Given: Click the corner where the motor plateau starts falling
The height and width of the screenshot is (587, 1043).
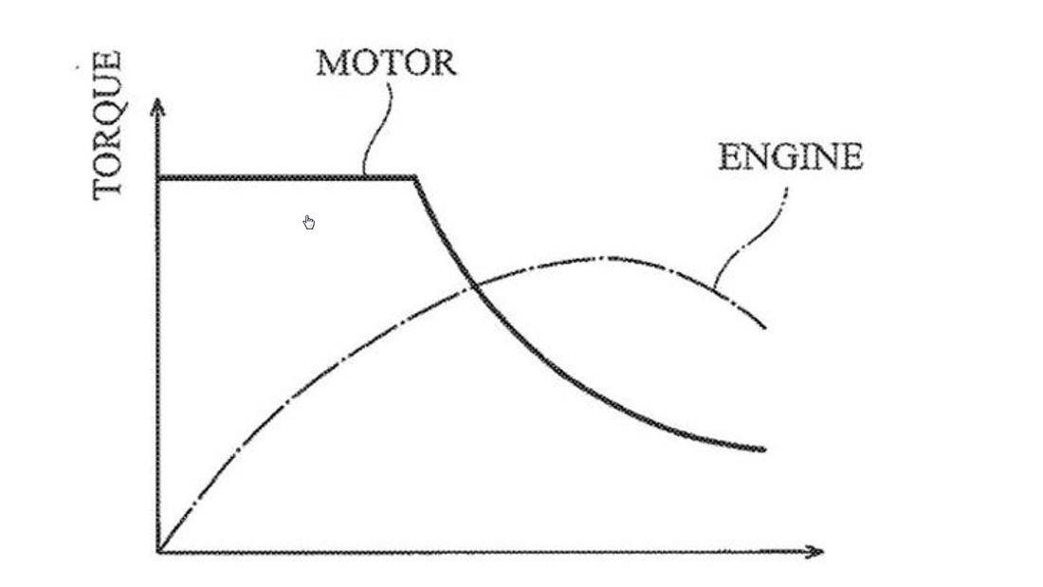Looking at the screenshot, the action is (415, 177).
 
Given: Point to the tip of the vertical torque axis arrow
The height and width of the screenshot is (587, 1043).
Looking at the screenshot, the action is (157, 100).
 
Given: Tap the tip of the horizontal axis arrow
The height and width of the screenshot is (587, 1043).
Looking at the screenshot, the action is (824, 551).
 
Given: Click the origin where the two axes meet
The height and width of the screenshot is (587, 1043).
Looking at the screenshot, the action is (158, 551).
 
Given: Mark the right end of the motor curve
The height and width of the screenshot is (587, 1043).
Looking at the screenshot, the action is (765, 449).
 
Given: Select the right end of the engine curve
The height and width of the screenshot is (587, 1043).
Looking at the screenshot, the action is (765, 327).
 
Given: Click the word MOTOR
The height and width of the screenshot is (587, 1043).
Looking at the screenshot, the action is (386, 64).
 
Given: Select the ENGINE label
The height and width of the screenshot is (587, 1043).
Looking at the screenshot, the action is (790, 157).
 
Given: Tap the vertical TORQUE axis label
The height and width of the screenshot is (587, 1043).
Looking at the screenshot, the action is (107, 126).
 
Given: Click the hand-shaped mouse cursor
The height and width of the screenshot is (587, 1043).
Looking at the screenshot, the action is (309, 222).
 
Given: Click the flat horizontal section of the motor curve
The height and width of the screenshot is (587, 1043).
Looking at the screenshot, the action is (286, 177).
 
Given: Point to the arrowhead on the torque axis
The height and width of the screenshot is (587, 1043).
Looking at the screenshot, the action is (157, 108).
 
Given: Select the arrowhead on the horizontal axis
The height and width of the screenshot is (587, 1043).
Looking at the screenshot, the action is (814, 551).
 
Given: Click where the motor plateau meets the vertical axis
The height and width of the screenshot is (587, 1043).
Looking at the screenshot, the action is (158, 177).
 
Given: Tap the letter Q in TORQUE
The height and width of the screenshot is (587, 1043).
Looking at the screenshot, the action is (107, 113).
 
